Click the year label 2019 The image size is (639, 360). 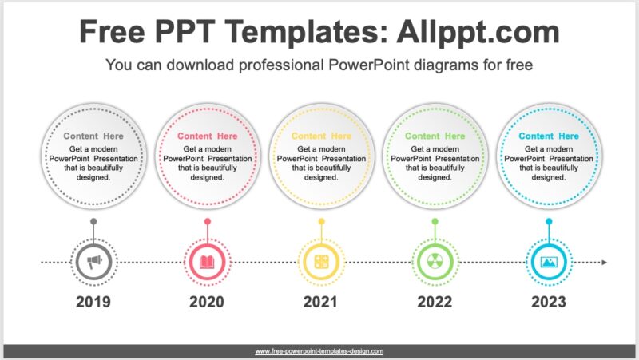click(93, 302)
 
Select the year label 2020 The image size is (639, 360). click(207, 302)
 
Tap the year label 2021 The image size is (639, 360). click(321, 302)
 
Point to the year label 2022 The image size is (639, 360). click(435, 302)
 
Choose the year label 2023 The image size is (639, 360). click(549, 302)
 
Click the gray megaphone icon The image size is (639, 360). click(93, 262)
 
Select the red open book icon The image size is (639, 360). click(207, 262)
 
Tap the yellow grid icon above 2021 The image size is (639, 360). click(321, 262)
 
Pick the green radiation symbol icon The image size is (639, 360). click(435, 262)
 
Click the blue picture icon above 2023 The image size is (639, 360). click(549, 262)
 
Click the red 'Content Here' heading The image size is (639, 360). click(207, 136)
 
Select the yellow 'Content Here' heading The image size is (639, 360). click(321, 136)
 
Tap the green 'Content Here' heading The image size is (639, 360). click(435, 136)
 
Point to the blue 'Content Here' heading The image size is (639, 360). click(549, 136)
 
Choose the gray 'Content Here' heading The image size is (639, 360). click(93, 136)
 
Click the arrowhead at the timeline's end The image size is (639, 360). click(605, 262)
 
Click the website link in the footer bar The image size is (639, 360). click(319, 351)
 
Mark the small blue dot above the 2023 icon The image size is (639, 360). click(549, 221)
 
